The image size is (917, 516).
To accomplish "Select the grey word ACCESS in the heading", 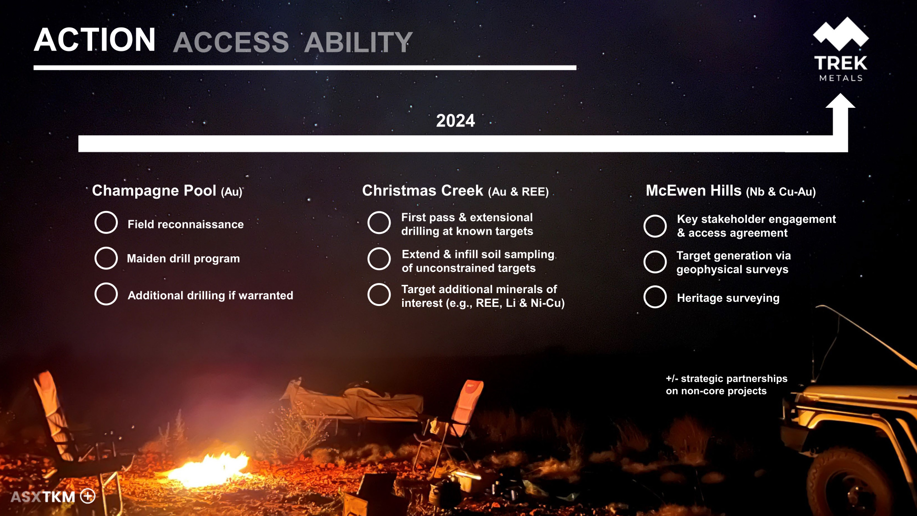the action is (x=231, y=42).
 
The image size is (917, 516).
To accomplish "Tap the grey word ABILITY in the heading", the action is (x=359, y=42).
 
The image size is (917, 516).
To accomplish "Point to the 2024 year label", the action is (x=455, y=121).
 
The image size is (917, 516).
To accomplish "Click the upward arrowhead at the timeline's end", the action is (x=840, y=101).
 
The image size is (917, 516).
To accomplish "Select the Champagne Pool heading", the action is (x=167, y=191).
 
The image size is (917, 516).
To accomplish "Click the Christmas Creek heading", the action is (x=455, y=191).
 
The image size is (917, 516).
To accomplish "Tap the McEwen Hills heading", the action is (x=731, y=191).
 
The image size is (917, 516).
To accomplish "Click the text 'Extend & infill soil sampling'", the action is (x=478, y=255).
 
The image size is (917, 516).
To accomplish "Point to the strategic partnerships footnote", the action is (x=727, y=385).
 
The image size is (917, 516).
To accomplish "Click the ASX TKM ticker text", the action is (x=43, y=497).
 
